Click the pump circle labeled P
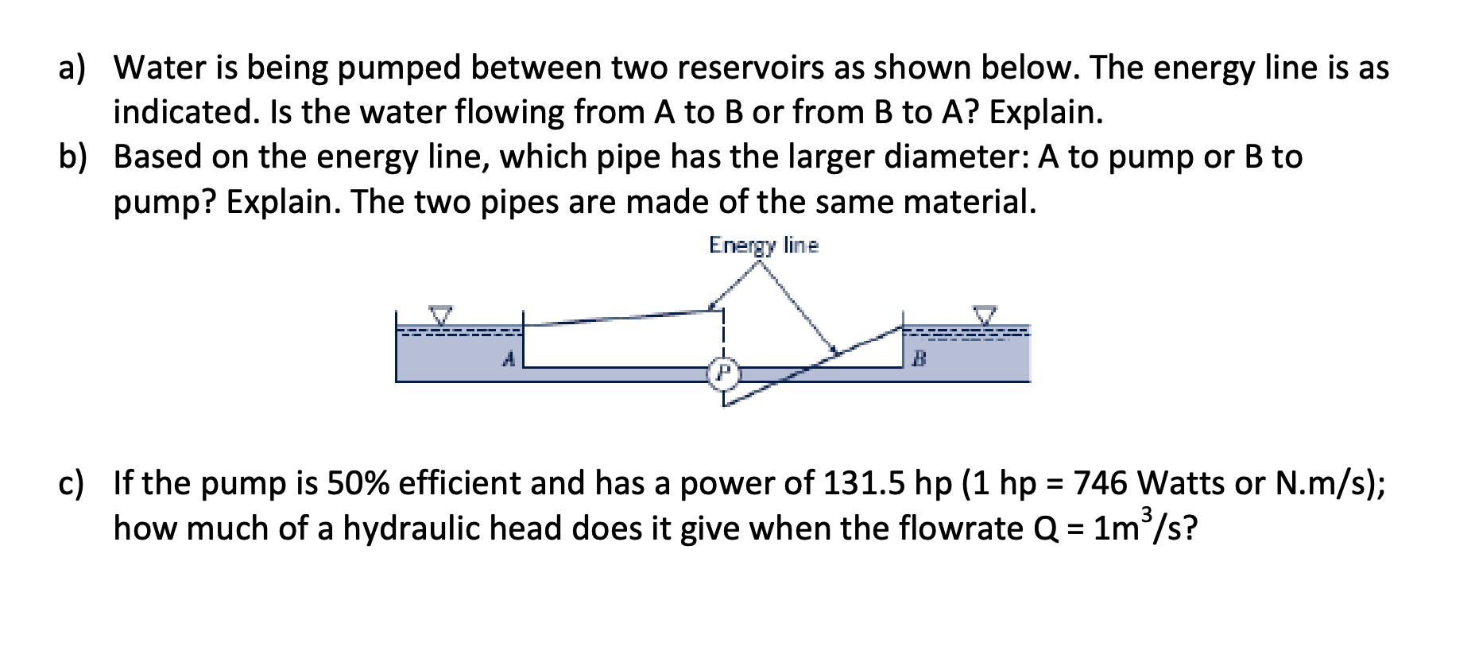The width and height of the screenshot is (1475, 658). pyautogui.click(x=723, y=371)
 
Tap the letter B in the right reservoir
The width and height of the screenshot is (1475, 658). pyautogui.click(x=919, y=360)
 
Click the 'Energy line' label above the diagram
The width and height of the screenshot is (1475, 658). pyautogui.click(x=763, y=245)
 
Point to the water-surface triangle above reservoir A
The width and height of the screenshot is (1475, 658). pyautogui.click(x=440, y=315)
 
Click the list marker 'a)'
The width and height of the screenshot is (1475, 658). pyautogui.click(x=72, y=68)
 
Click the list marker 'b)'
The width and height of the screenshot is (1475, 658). pyautogui.click(x=72, y=157)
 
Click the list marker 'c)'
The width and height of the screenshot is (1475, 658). pyautogui.click(x=72, y=482)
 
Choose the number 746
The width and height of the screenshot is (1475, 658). pyautogui.click(x=1101, y=482)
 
